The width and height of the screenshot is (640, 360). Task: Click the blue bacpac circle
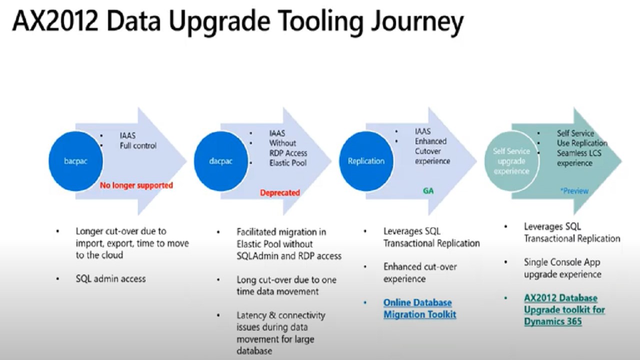75,161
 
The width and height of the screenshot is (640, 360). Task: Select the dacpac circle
221,161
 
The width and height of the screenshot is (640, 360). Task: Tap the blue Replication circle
366,161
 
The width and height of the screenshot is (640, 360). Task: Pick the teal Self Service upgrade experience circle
511,161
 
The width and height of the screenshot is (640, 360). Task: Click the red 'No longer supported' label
136,185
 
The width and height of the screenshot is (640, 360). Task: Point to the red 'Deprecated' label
279,193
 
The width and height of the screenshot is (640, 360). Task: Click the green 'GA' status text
428,191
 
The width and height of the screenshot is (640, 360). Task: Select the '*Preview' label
574,191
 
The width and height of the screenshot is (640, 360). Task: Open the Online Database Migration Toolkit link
419,308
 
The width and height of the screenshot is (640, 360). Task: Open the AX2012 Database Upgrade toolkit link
564,309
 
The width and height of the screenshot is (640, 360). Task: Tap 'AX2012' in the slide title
55,20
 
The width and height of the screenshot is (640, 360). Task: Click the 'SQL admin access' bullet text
111,278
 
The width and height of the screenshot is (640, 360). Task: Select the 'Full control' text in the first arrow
138,145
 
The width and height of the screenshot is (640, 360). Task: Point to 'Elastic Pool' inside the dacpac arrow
287,163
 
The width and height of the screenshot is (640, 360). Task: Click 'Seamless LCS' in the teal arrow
579,153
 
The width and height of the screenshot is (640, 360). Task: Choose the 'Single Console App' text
562,262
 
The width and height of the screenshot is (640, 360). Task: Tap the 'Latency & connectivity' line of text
281,315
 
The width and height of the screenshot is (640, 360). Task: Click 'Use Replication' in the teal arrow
582,143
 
